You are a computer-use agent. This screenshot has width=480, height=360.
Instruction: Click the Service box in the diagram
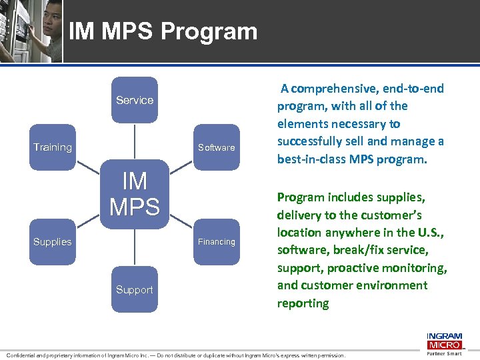[135, 100]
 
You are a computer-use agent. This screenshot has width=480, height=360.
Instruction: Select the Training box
[53, 147]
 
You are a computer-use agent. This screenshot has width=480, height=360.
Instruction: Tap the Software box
[216, 147]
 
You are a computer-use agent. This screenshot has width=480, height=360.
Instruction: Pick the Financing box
[216, 242]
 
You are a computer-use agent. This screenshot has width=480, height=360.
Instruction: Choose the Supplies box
[53, 242]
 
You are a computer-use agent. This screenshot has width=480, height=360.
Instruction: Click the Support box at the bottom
[135, 289]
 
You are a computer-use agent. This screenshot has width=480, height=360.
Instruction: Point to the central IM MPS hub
[135, 194]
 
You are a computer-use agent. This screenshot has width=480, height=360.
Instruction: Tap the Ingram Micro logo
[444, 340]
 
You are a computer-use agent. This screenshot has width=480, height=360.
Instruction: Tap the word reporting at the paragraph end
[303, 303]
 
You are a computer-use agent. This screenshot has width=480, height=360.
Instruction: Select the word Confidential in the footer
[25, 356]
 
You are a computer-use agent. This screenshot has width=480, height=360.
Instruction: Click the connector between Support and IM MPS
[135, 247]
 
